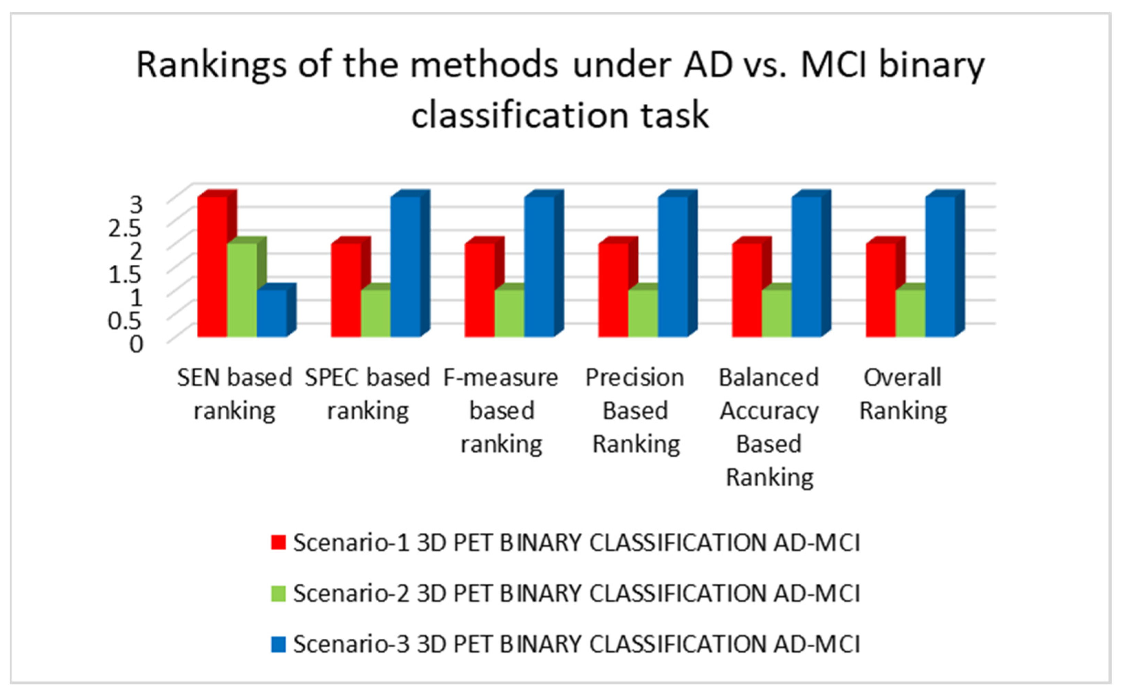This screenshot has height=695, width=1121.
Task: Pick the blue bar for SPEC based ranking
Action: (x=405, y=267)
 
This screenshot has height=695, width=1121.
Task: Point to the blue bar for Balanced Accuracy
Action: (x=806, y=267)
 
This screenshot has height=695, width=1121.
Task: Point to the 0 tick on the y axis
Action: (x=136, y=344)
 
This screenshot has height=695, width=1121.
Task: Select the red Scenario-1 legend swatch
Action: (x=278, y=542)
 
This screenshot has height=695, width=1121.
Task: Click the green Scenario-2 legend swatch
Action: (x=278, y=593)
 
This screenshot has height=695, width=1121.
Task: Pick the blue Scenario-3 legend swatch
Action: (x=278, y=644)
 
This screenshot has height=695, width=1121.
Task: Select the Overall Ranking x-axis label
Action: (x=903, y=394)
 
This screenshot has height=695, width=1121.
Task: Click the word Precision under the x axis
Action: (x=635, y=378)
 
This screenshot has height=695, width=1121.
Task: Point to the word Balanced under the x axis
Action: (x=769, y=378)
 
